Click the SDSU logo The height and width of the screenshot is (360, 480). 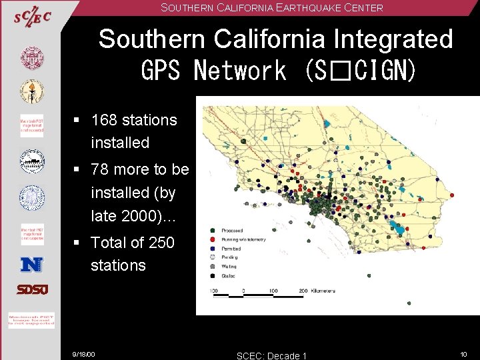click(31, 290)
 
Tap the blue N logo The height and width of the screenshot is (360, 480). click(31, 264)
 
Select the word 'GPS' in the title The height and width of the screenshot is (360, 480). click(161, 69)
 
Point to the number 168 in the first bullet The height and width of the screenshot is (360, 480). click(104, 121)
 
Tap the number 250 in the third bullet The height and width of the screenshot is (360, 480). click(161, 243)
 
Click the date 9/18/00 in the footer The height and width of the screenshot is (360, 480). click(84, 354)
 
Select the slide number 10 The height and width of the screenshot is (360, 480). click(464, 353)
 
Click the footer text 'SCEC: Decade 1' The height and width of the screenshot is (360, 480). click(272, 355)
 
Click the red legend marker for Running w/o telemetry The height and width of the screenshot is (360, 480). click(213, 238)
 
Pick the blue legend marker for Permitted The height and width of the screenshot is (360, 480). click(213, 247)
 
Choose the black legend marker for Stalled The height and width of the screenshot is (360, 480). click(213, 274)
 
